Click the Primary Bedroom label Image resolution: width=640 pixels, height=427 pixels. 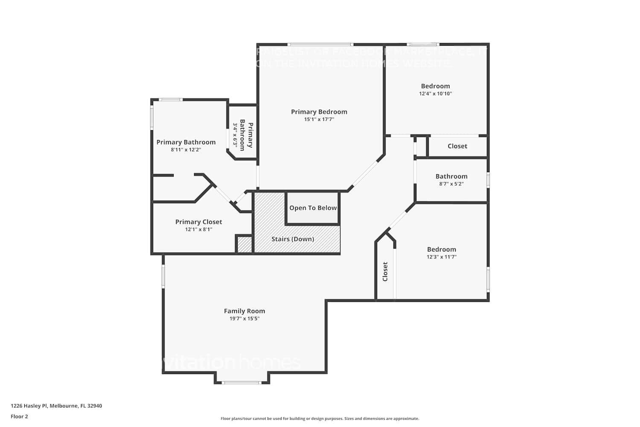[x=319, y=112]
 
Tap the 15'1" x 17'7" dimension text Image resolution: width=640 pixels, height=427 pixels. [x=319, y=120]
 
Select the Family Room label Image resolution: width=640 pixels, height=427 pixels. [x=244, y=311]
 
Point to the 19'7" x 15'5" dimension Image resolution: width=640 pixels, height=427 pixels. [x=244, y=319]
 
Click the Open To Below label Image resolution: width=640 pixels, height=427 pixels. [x=313, y=208]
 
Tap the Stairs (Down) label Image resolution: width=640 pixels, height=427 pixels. [x=293, y=239]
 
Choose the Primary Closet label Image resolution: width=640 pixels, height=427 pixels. [x=198, y=222]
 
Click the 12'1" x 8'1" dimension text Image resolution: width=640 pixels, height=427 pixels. [x=198, y=230]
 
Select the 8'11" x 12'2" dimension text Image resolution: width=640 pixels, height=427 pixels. [x=186, y=150]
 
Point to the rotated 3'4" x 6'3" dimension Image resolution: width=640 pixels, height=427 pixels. [x=235, y=134]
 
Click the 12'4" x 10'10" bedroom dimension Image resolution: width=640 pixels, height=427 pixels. [x=435, y=94]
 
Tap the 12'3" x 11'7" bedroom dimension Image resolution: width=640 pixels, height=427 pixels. [x=441, y=257]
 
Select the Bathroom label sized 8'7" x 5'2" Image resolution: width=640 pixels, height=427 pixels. [x=451, y=176]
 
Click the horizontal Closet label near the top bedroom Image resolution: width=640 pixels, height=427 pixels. [x=457, y=146]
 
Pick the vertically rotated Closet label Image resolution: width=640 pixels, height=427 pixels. [x=385, y=272]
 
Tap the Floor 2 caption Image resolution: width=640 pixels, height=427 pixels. [x=19, y=416]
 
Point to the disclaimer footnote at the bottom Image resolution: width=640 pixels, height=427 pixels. [x=320, y=418]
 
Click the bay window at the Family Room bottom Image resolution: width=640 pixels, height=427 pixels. [x=242, y=382]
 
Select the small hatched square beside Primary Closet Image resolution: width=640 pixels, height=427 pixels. [x=244, y=245]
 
